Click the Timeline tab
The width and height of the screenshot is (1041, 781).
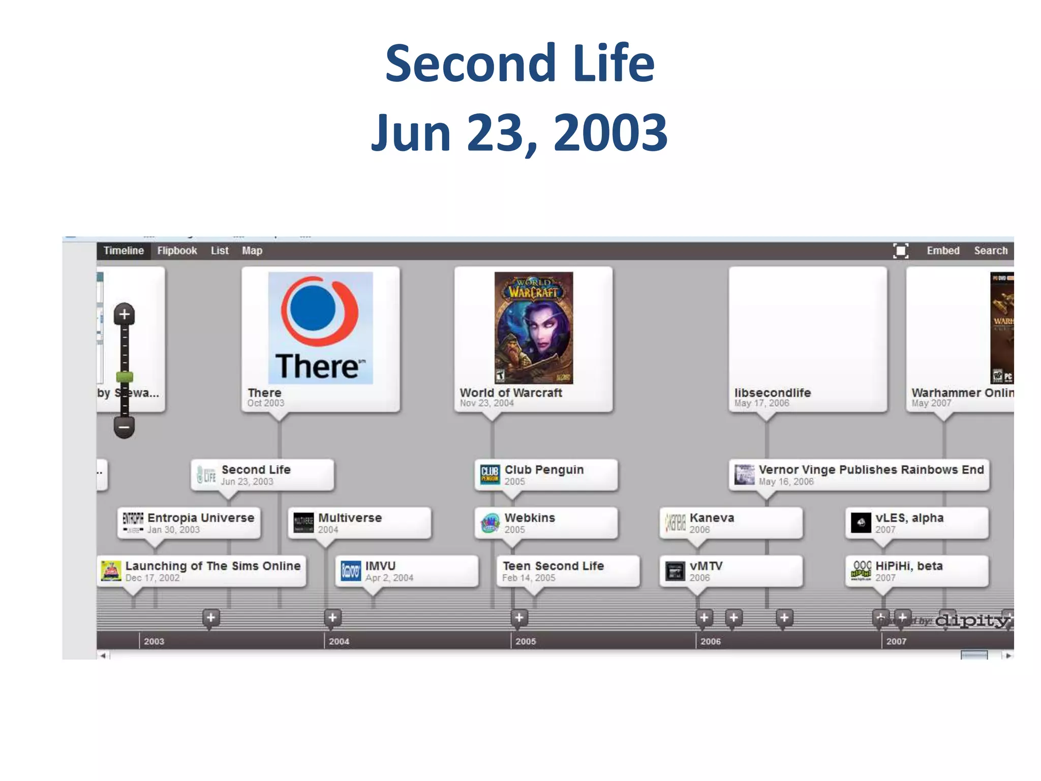(124, 251)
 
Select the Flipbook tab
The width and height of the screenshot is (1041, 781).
(177, 251)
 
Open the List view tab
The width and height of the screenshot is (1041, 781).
(220, 251)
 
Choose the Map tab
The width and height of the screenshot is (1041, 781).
(252, 251)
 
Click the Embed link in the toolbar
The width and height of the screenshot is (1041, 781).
(943, 251)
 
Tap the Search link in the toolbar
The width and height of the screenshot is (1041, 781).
(991, 251)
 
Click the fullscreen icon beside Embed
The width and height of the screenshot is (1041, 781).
(901, 251)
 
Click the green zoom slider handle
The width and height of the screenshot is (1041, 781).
(125, 377)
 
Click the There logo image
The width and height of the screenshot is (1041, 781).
(320, 328)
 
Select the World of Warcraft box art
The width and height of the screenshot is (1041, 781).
(534, 328)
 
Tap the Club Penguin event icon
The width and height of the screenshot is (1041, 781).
(490, 474)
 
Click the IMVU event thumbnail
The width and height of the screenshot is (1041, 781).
(351, 571)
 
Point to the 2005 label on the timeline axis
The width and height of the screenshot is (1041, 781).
(526, 641)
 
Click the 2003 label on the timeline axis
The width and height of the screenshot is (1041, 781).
(154, 641)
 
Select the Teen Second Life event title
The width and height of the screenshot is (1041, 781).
(553, 566)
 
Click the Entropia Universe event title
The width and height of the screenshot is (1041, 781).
(201, 518)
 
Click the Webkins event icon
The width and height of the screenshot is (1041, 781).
(490, 523)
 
